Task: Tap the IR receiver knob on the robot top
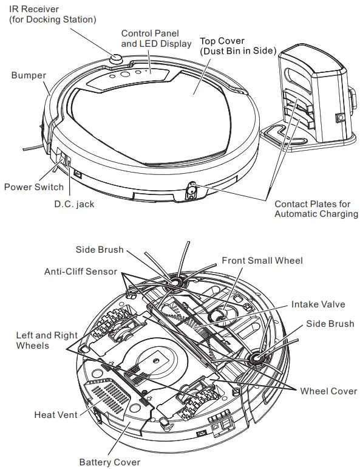[117, 59]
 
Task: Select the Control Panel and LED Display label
[156, 38]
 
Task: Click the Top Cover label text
[237, 46]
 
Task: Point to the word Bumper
[28, 75]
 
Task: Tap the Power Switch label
[33, 187]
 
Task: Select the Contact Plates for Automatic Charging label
[316, 209]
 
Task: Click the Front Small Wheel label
[262, 261]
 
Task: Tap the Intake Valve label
[318, 304]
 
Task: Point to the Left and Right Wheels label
[47, 340]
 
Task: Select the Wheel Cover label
[328, 391]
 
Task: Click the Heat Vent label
[56, 414]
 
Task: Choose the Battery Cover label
[109, 462]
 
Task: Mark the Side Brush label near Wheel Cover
[330, 324]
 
